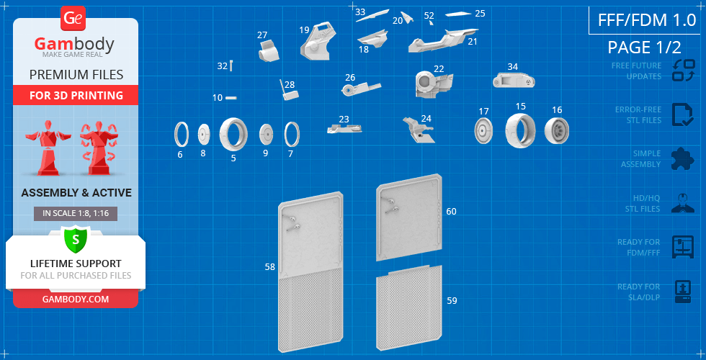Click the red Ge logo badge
(x=73, y=19)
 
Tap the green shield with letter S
(x=75, y=240)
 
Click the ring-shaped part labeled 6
(x=182, y=134)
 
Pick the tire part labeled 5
(x=233, y=134)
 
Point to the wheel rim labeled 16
(x=556, y=131)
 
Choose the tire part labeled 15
(x=520, y=130)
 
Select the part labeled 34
(x=514, y=80)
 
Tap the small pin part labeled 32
(x=231, y=66)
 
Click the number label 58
(x=269, y=267)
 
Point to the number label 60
(x=451, y=211)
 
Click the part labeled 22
(x=433, y=84)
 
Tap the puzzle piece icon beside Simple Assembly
(x=682, y=159)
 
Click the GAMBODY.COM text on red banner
(x=75, y=300)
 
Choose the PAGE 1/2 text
(x=644, y=47)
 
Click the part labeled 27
(x=269, y=50)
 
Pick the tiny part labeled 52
(x=431, y=22)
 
